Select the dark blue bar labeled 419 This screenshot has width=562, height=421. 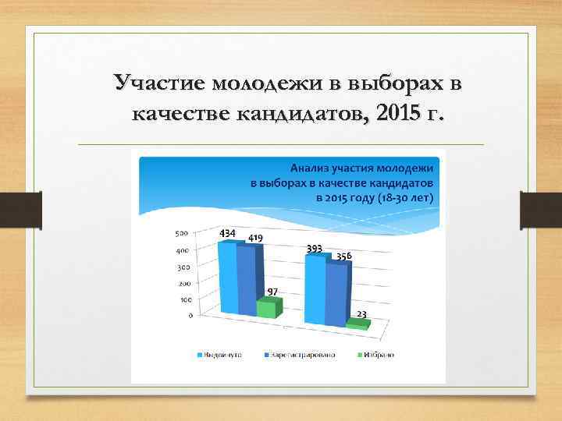[x=245, y=283]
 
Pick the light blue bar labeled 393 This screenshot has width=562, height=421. [x=315, y=288]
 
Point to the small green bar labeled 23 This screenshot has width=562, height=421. [x=356, y=324]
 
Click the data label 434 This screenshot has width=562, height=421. [x=228, y=234]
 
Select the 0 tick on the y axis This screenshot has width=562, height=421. [x=190, y=316]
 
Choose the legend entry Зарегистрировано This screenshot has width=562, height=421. [x=303, y=356]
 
